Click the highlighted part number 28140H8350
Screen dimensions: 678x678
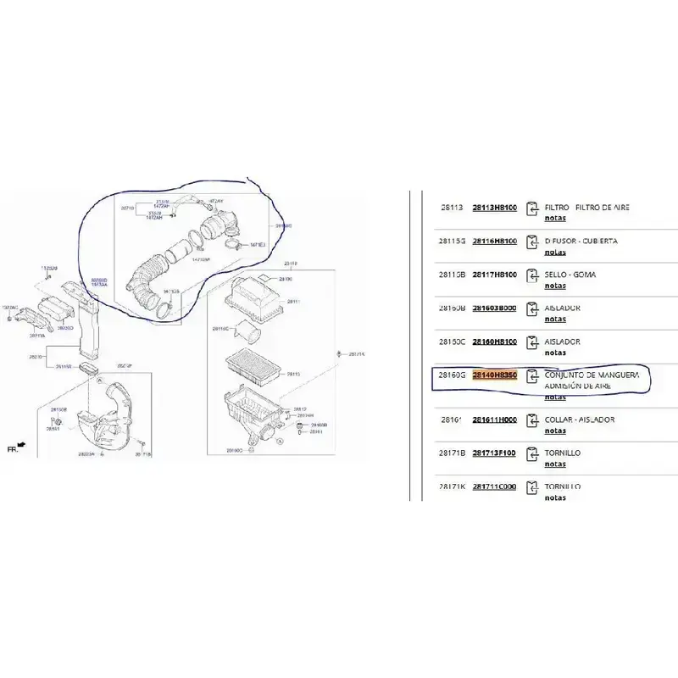point(494,374)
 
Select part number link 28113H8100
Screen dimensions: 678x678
point(494,207)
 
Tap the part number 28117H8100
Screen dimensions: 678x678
point(494,275)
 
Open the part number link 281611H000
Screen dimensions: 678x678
point(494,420)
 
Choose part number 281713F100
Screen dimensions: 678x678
point(494,453)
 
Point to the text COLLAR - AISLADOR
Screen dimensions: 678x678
point(579,420)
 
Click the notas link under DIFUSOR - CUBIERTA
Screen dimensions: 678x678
point(554,252)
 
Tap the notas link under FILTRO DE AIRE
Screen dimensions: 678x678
point(554,218)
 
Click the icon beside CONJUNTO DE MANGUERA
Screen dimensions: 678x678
point(532,376)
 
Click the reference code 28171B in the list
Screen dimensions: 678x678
point(451,453)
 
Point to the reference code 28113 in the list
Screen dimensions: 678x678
point(451,207)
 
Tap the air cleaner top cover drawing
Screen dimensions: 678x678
point(254,301)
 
